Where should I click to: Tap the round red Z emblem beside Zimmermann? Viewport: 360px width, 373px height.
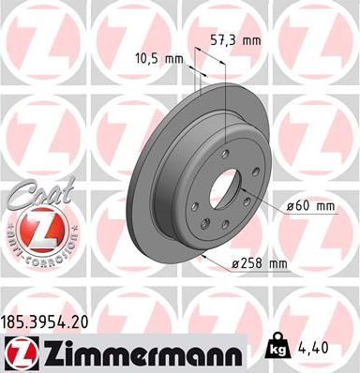pos(20,351)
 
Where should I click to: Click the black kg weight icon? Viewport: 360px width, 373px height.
pos(278,347)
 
